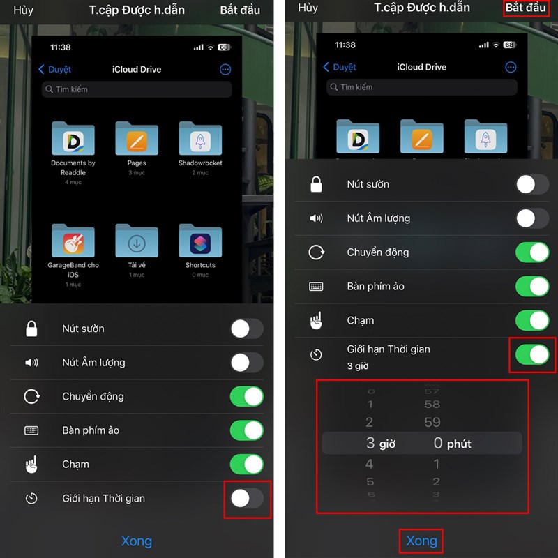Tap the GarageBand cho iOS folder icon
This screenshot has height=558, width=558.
pyautogui.click(x=73, y=241)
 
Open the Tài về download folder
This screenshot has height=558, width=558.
pyautogui.click(x=137, y=241)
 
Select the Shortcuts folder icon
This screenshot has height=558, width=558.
pyautogui.click(x=200, y=241)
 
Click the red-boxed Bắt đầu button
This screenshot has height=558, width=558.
pyautogui.click(x=525, y=8)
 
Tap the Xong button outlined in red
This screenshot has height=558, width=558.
pyautogui.click(x=421, y=541)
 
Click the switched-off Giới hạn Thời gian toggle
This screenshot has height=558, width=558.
pyautogui.click(x=247, y=498)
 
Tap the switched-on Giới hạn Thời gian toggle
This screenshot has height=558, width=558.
pyautogui.click(x=532, y=354)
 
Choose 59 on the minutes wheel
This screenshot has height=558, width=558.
pyautogui.click(x=432, y=421)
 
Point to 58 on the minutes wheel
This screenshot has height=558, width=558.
pyautogui.click(x=432, y=404)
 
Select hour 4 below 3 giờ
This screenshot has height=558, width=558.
pyautogui.click(x=370, y=464)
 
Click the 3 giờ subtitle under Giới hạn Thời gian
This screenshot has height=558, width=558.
pyautogui.click(x=358, y=365)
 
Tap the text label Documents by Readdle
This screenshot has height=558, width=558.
pyautogui.click(x=73, y=167)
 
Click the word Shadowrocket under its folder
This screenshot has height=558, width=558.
pyautogui.click(x=200, y=163)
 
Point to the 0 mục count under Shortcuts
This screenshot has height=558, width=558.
pyautogui.click(x=200, y=275)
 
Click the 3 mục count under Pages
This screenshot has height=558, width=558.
pyautogui.click(x=137, y=172)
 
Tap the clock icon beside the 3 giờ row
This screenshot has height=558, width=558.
pyautogui.click(x=317, y=355)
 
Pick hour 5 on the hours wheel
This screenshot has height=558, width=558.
pyautogui.click(x=370, y=481)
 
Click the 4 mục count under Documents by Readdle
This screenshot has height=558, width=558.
pyautogui.click(x=73, y=182)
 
